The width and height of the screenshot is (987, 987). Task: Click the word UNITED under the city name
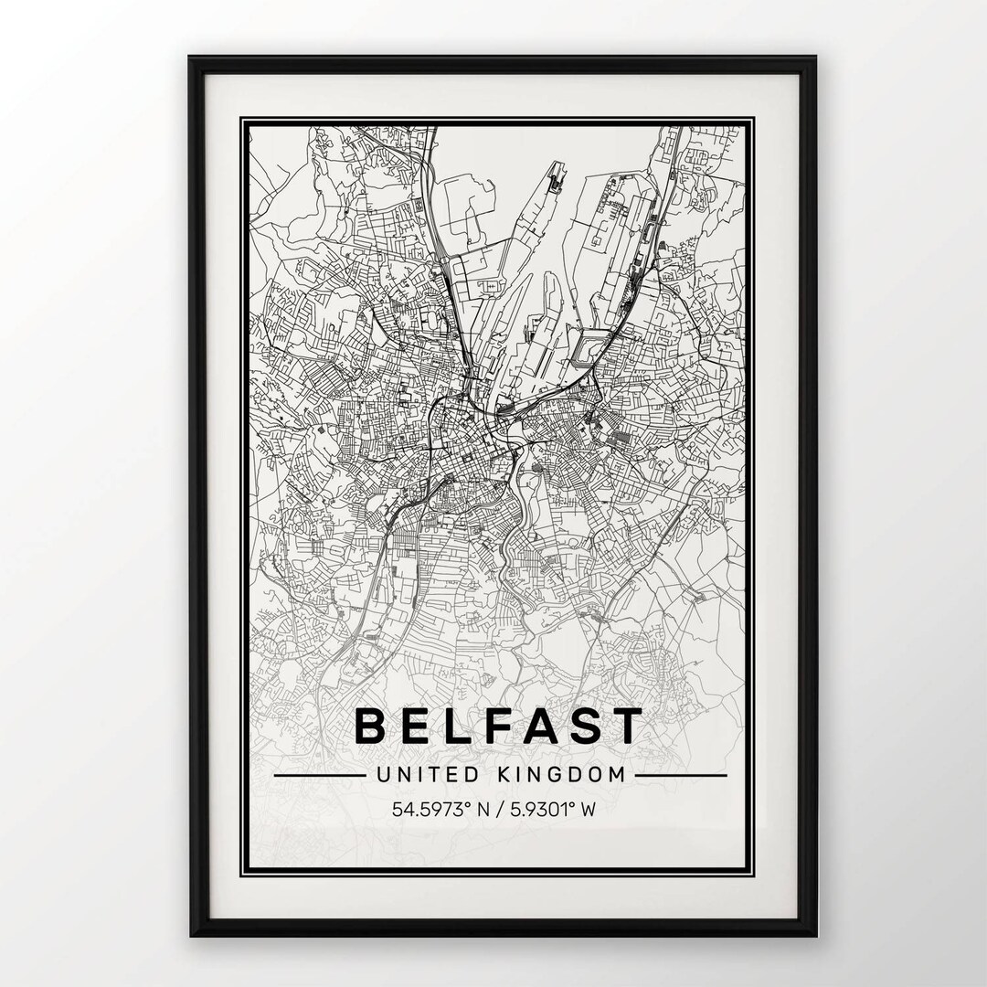428,775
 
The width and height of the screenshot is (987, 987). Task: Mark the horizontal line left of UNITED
319,776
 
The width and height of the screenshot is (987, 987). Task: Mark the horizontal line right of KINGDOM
681,776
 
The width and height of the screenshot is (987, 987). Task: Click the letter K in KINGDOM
505,775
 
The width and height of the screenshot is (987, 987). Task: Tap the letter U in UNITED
382,775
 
